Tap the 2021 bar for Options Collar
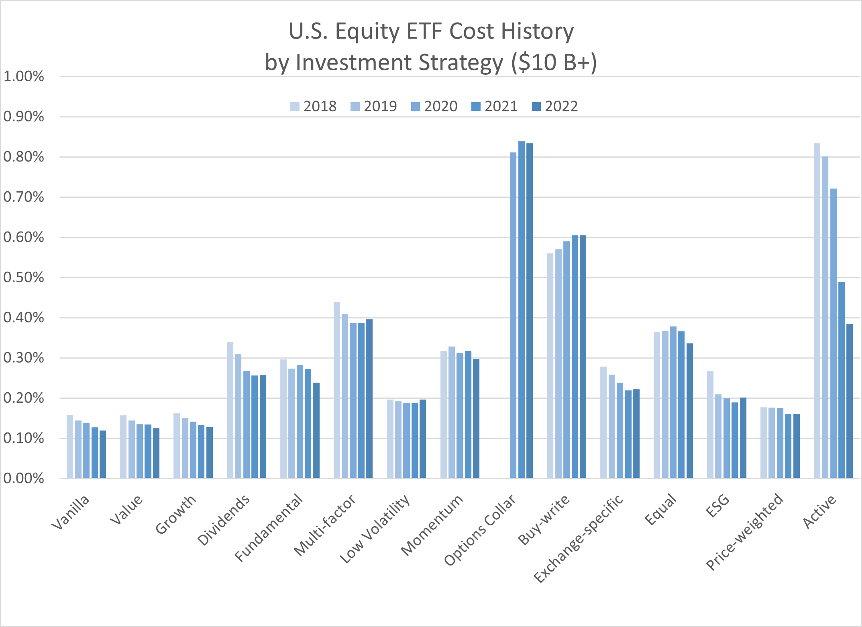pyautogui.click(x=522, y=309)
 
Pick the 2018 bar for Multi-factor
pyautogui.click(x=337, y=390)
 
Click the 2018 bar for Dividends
pyautogui.click(x=230, y=410)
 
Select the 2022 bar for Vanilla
pyautogui.click(x=103, y=454)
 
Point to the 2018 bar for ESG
pyautogui.click(x=710, y=424)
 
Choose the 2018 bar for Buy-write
pyautogui.click(x=550, y=366)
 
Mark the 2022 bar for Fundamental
pyautogui.click(x=316, y=430)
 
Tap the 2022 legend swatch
pyautogui.click(x=536, y=107)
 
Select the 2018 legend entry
pyautogui.click(x=313, y=107)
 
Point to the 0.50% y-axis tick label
pyautogui.click(x=24, y=277)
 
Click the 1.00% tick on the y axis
pyautogui.click(x=24, y=76)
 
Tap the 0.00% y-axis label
pyautogui.click(x=24, y=478)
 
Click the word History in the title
pyautogui.click(x=538, y=31)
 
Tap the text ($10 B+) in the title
pyautogui.click(x=554, y=63)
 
